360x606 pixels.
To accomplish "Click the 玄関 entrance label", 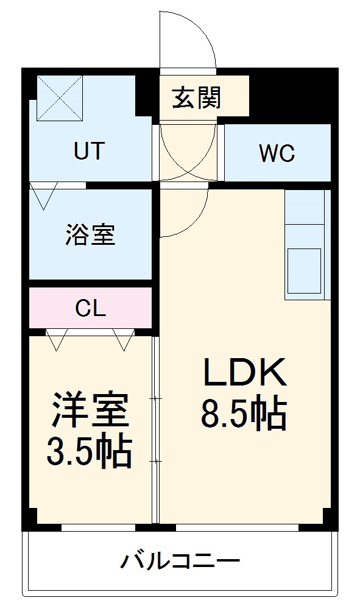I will pyautogui.click(x=196, y=97).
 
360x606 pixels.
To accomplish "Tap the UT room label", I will pyautogui.click(x=89, y=150).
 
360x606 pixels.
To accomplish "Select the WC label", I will pyautogui.click(x=277, y=153).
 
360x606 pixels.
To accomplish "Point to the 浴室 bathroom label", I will pyautogui.click(x=90, y=234).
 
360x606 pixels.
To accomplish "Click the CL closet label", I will pyautogui.click(x=90, y=309).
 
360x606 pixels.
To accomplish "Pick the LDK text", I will pyautogui.click(x=245, y=373).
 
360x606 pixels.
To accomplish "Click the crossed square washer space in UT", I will pyautogui.click(x=60, y=97).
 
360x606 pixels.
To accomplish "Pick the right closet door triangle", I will pyautogui.click(x=124, y=340).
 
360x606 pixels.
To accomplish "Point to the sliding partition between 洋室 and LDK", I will pyautogui.click(x=156, y=429).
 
